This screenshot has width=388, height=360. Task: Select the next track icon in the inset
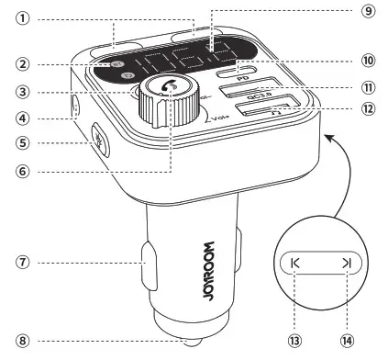(x=347, y=264)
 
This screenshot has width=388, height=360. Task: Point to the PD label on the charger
(x=244, y=78)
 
